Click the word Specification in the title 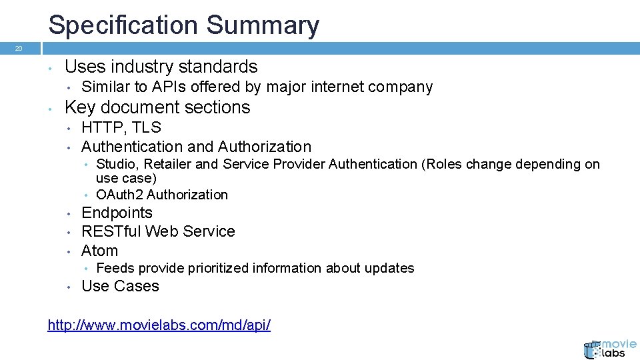point(123,25)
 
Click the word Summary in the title point(263,25)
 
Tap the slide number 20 point(19,49)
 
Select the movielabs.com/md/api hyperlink point(159,325)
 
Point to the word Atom point(99,251)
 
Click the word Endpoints point(117,213)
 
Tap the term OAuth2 point(119,195)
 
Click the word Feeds point(116,268)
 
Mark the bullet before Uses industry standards point(50,67)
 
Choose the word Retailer point(171,164)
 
